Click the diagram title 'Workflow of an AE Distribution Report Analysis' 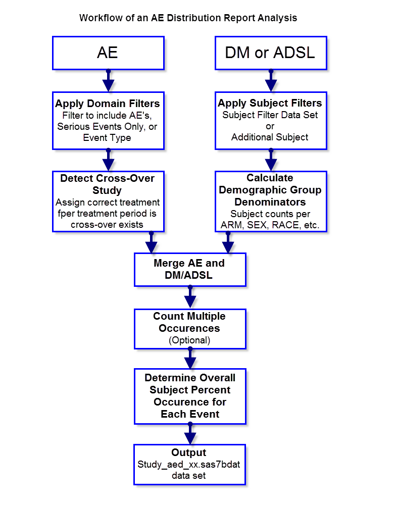[x=188, y=18]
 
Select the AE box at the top [x=108, y=53]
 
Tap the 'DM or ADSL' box [x=271, y=53]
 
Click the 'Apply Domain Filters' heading [x=108, y=104]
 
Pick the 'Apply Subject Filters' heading [x=270, y=104]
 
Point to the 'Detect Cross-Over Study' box [x=108, y=201]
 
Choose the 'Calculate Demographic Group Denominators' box [x=271, y=201]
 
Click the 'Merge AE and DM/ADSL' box [x=190, y=270]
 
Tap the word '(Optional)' [x=189, y=340]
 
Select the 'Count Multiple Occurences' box [x=190, y=328]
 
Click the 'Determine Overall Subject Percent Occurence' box [x=190, y=396]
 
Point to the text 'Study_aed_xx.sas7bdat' [x=189, y=464]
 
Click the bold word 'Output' [x=189, y=453]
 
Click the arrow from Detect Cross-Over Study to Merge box [x=151, y=243]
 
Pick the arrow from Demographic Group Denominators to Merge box [x=228, y=243]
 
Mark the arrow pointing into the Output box [x=190, y=434]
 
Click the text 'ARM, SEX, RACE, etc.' [x=270, y=225]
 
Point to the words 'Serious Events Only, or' [x=108, y=126]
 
